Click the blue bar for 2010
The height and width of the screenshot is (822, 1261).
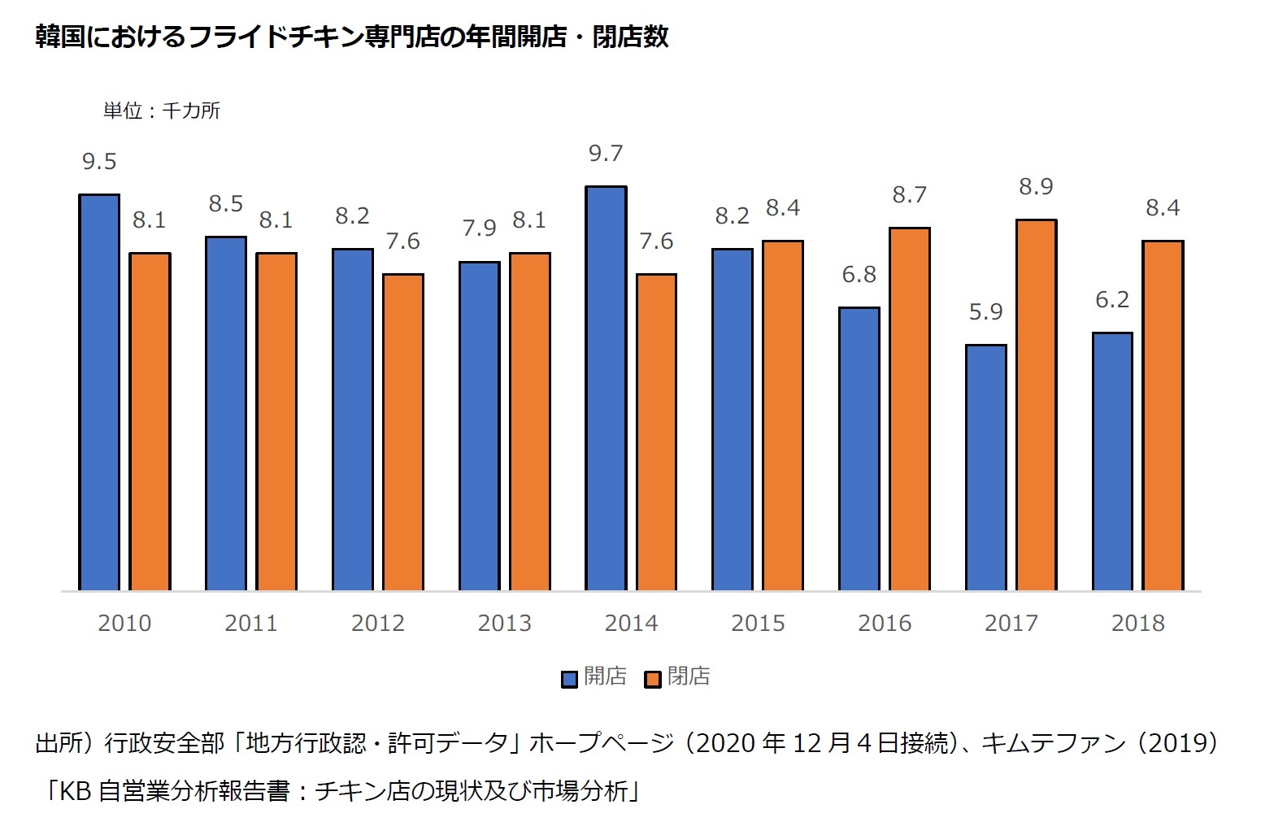pyautogui.click(x=99, y=392)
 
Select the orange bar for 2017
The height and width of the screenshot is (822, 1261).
pyautogui.click(x=1036, y=405)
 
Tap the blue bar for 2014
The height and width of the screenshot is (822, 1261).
pyautogui.click(x=606, y=388)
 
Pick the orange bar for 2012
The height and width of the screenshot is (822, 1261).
pyautogui.click(x=403, y=432)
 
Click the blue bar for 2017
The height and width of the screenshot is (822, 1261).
pyautogui.click(x=985, y=468)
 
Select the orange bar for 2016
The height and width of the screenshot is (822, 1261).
pyautogui.click(x=909, y=409)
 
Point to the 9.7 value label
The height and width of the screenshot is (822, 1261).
pyautogui.click(x=606, y=154)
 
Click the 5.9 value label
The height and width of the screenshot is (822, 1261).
pyautogui.click(x=985, y=312)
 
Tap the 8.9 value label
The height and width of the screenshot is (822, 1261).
pyautogui.click(x=1036, y=187)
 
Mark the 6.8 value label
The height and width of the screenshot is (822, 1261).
pyautogui.click(x=859, y=275)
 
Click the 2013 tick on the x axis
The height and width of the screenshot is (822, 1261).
pyautogui.click(x=504, y=624)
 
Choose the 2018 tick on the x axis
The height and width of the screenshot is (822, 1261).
pyautogui.click(x=1137, y=624)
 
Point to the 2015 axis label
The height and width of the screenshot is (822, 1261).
pyautogui.click(x=758, y=624)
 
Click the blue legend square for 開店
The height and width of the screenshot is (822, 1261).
pyautogui.click(x=570, y=678)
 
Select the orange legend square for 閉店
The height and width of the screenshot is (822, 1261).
pyautogui.click(x=653, y=678)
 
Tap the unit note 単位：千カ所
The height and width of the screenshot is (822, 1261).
pyautogui.click(x=161, y=111)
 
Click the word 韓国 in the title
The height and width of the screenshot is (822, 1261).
pyautogui.click(x=60, y=37)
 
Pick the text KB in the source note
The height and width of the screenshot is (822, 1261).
pyautogui.click(x=75, y=791)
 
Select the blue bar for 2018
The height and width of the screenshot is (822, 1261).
pyautogui.click(x=1112, y=461)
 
